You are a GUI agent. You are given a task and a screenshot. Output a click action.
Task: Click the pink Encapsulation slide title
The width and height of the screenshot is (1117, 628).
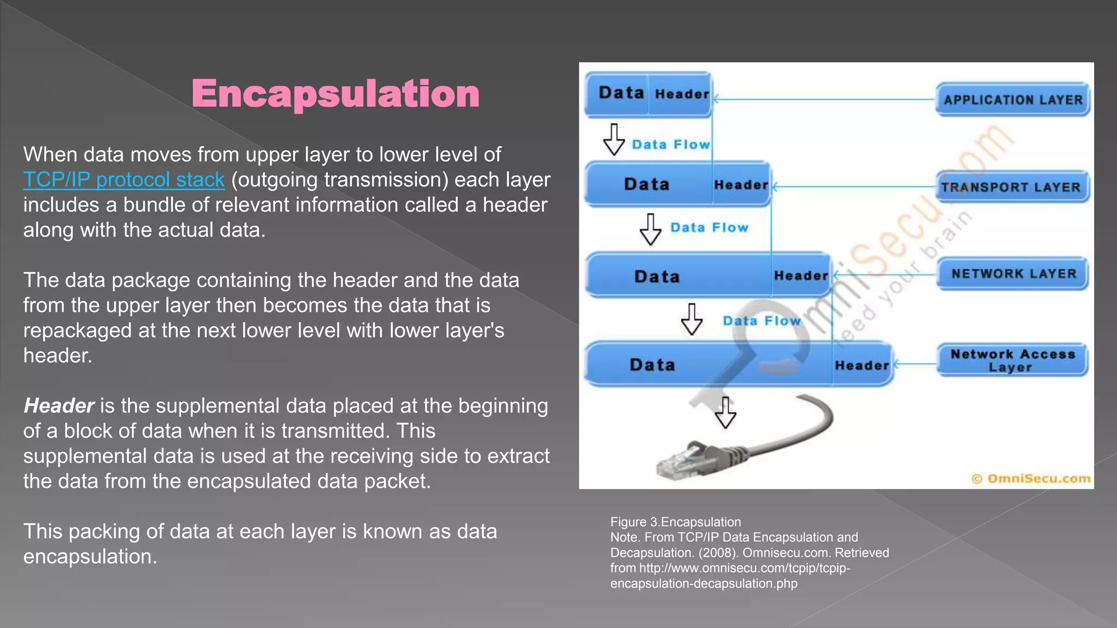point(335,94)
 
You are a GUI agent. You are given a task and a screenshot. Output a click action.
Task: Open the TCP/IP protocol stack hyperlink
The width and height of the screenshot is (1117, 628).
point(124,180)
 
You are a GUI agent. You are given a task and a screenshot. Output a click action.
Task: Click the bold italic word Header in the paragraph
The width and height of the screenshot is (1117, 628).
point(59,406)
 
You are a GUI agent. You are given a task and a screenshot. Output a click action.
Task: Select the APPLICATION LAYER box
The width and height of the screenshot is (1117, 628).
point(1013,100)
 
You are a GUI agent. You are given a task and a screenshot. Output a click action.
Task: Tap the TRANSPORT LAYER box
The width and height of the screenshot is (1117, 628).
point(1012,187)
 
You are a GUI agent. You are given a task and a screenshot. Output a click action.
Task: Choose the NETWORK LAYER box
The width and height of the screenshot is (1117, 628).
point(1013,274)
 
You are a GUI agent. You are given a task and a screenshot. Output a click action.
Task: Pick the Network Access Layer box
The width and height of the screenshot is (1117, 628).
point(1012,360)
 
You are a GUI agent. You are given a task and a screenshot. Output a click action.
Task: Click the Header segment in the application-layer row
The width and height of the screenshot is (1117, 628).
point(682,94)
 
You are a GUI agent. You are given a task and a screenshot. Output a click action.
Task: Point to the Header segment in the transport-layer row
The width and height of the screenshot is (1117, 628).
point(741,185)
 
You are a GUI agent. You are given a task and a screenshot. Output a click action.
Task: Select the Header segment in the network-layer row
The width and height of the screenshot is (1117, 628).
point(801,276)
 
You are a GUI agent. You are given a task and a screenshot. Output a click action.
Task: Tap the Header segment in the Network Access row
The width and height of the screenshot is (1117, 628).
point(862,365)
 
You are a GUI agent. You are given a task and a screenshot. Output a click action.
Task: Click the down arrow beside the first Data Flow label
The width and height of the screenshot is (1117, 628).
point(614,140)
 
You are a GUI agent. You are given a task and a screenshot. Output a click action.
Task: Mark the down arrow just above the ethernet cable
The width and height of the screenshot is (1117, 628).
point(725,413)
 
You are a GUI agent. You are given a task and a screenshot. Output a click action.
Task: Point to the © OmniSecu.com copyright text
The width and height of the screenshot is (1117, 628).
point(1031,479)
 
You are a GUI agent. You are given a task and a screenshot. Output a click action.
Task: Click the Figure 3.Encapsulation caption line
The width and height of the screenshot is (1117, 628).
point(675,522)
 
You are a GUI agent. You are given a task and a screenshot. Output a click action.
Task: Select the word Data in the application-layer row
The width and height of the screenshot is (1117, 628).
point(621,93)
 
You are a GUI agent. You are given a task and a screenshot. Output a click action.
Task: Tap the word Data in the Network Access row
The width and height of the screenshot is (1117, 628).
point(652,365)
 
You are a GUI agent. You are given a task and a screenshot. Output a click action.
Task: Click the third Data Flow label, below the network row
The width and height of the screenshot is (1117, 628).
point(761,321)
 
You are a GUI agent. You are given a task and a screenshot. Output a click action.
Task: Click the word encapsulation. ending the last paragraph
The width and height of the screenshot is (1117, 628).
point(90,557)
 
